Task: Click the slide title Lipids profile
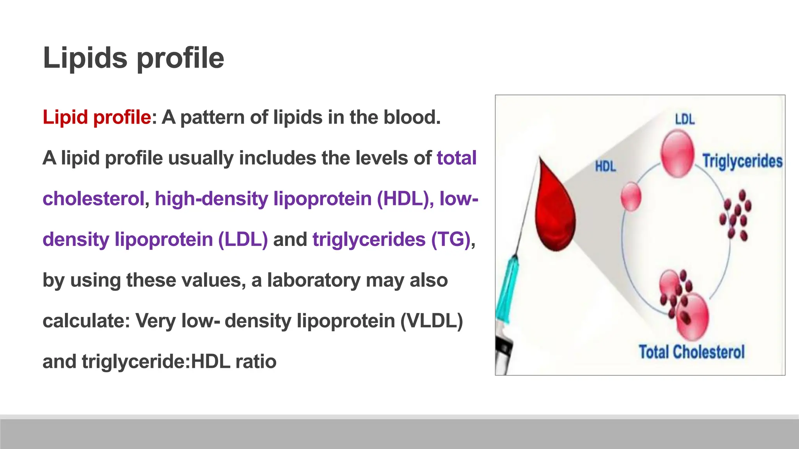[133, 58]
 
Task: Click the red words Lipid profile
[96, 117]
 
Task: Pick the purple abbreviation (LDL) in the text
[243, 239]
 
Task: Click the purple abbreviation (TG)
[450, 239]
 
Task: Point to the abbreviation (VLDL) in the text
[431, 321]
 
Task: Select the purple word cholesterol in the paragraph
[93, 198]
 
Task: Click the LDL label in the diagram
[685, 119]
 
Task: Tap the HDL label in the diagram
[605, 167]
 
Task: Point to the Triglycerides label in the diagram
[742, 161]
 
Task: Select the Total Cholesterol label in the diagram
[691, 352]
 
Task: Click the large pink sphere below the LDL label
[678, 154]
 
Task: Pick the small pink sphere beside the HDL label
[630, 197]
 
